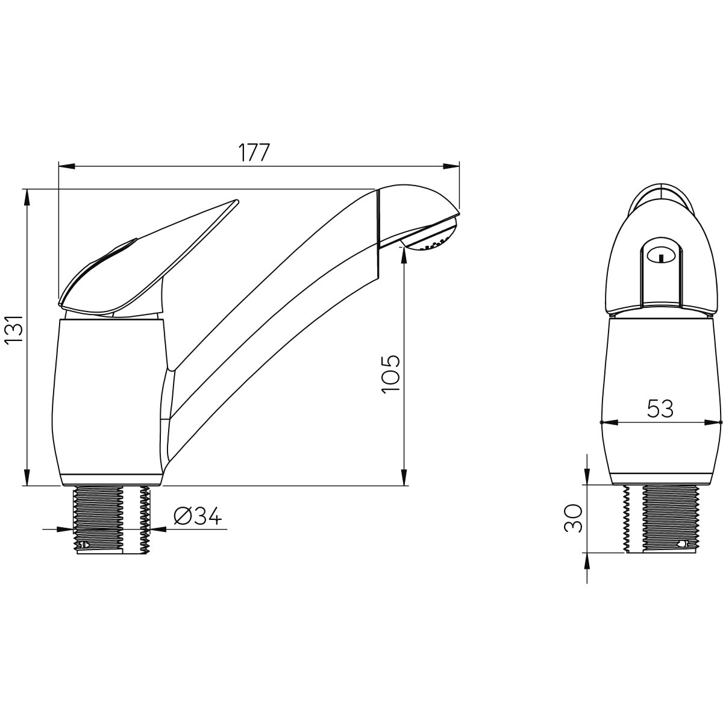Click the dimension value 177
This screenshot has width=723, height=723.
[254, 152]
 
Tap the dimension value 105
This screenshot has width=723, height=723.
[390, 374]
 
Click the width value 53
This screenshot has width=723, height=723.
[660, 408]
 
